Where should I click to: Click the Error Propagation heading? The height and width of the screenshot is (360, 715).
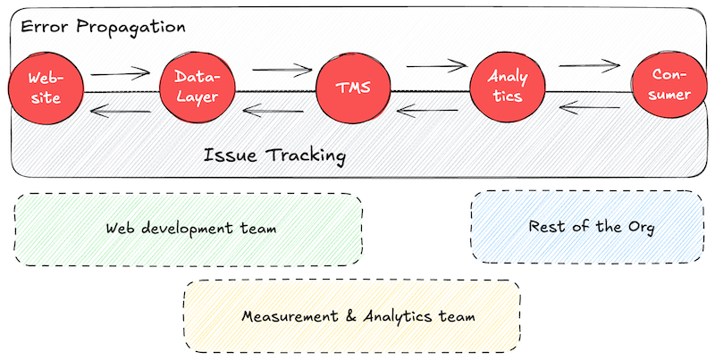click(103, 27)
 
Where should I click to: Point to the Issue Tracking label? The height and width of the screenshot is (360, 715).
click(274, 155)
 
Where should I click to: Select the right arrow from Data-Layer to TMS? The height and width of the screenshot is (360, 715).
click(280, 68)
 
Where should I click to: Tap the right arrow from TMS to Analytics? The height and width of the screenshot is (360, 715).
click(437, 65)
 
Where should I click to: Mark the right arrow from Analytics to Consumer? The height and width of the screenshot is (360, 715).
click(589, 65)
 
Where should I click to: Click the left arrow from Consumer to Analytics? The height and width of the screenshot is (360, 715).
click(589, 109)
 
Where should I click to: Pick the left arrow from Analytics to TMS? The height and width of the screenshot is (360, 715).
click(430, 112)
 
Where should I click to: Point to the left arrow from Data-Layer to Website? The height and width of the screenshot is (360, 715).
click(120, 112)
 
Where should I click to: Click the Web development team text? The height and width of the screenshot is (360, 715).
click(190, 228)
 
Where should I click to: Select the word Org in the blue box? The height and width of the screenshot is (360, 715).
click(640, 228)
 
